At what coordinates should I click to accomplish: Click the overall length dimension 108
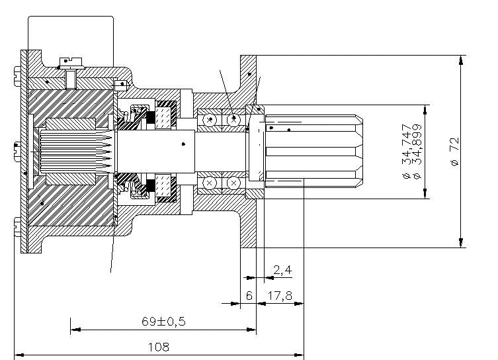point(159,346)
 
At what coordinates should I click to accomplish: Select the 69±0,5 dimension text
point(163,321)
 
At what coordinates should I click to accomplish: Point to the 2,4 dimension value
point(282,270)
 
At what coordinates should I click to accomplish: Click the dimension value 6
point(249,296)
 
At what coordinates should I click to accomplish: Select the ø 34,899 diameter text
point(416,152)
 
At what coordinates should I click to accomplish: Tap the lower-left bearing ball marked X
point(210,182)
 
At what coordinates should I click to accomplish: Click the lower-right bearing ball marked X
point(233,182)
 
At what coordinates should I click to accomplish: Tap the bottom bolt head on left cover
point(16,232)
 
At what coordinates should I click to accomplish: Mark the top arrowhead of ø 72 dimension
point(460,59)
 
